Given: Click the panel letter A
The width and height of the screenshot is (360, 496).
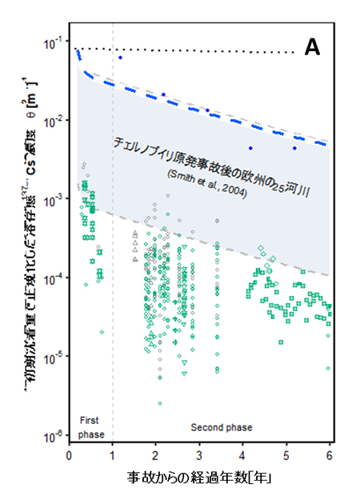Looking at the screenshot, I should point(311,48).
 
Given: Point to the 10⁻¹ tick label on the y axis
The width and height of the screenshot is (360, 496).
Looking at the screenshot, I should point(53,43).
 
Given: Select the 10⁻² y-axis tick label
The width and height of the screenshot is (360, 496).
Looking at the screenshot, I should point(53,122).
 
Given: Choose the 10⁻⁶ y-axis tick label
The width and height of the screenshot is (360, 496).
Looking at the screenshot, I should point(53,435).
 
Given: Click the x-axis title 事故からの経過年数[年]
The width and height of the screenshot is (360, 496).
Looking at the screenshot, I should point(199,478).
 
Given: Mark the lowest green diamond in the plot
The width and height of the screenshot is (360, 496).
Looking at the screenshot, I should point(160,403).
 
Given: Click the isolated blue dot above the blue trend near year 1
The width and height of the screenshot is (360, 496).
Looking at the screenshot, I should point(120,58).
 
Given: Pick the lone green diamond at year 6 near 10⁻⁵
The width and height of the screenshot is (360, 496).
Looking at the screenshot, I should point(328,369).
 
